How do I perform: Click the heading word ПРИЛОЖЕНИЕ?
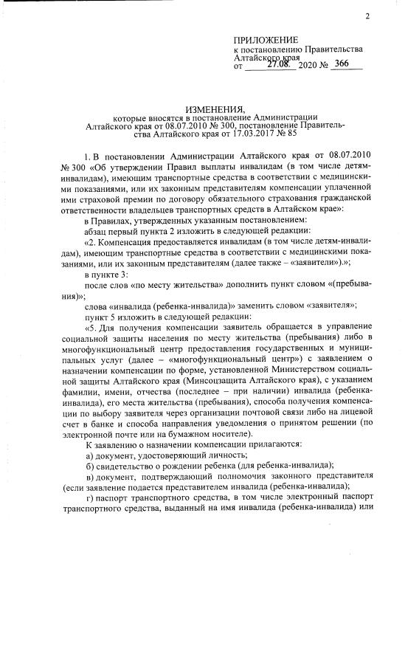pos(265,39)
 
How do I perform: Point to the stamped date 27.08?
pos(281,64)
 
